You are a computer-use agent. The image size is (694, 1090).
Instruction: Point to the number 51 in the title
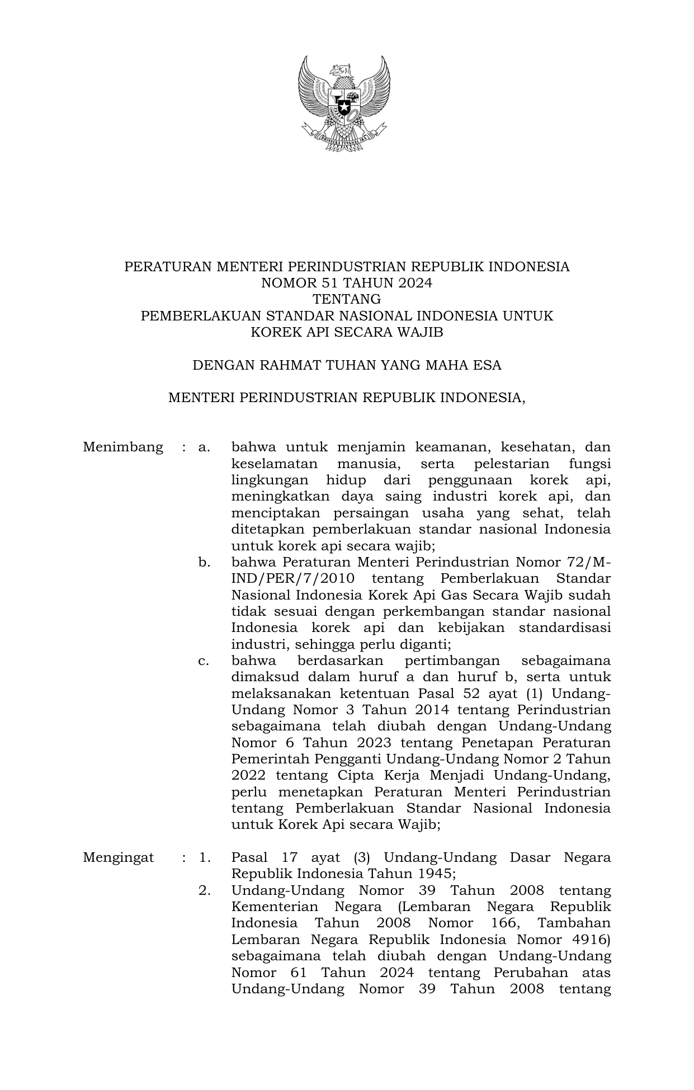tap(321, 283)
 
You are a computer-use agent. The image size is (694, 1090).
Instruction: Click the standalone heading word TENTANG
tap(347, 299)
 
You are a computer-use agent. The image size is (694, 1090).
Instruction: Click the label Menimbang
tap(123, 447)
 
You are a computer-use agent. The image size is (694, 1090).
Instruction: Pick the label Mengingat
tap(119, 858)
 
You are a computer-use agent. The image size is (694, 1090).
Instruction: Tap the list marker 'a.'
tap(204, 447)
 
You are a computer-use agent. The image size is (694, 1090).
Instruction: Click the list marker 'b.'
tap(204, 562)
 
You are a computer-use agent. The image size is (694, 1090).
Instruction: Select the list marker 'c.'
tap(204, 661)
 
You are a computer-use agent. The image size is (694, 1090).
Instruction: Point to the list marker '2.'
tap(204, 891)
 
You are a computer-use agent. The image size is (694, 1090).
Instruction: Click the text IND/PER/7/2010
tap(292, 579)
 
